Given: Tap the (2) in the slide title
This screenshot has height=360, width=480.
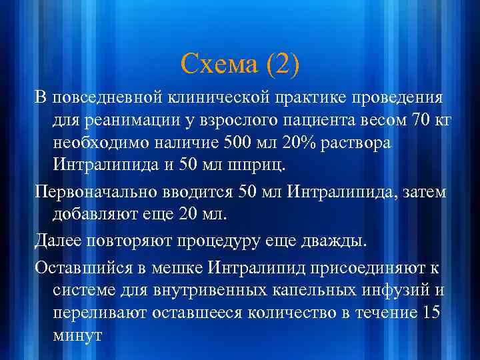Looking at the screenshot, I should coord(283,65).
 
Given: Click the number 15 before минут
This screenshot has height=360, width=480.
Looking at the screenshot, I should coord(433,312).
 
